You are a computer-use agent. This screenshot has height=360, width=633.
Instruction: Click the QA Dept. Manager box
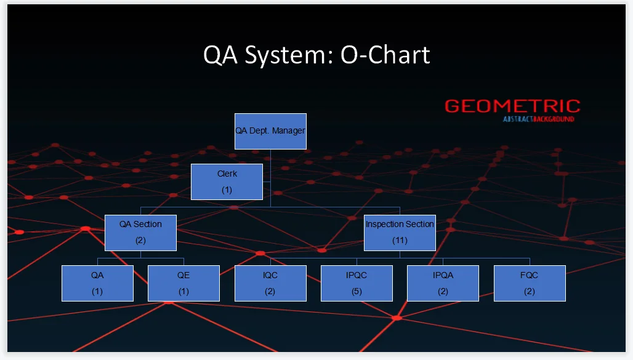point(270,131)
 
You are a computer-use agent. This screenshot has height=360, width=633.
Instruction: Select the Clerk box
point(227,182)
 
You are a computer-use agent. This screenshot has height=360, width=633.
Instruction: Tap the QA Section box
point(140,232)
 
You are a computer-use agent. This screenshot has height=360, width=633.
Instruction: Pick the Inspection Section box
point(400,232)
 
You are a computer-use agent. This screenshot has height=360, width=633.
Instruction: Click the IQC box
point(270,283)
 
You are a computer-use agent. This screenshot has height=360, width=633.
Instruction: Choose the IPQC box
point(357,283)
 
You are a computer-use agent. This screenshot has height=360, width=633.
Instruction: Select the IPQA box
point(443,283)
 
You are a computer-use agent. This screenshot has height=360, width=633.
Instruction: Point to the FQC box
point(530,283)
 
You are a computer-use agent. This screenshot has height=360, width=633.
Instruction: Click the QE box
point(183,283)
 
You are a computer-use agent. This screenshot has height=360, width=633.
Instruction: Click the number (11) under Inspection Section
point(400,241)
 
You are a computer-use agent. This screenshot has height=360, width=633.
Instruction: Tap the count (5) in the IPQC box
point(357,292)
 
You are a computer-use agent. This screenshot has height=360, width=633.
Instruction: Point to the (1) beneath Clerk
point(227,190)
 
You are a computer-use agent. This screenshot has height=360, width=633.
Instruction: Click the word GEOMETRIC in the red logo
point(512,106)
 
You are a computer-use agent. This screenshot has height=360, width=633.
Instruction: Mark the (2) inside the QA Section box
point(140,241)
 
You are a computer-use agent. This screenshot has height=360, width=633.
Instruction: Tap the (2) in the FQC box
point(530,292)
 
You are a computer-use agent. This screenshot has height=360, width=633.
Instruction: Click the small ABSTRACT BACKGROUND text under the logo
point(538,119)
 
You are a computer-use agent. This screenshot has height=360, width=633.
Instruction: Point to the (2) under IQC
point(270,292)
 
